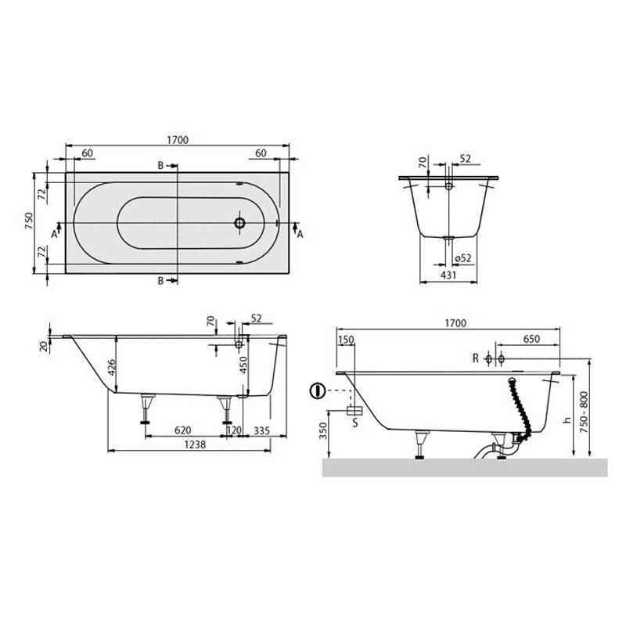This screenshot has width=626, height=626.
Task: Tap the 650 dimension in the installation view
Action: click(530, 340)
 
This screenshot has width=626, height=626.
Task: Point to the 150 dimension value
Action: click(347, 340)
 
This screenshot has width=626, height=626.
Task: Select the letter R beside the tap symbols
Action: click(475, 358)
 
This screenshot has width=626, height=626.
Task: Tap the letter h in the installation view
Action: click(565, 420)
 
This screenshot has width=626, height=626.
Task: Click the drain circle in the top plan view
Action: click(240, 223)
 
